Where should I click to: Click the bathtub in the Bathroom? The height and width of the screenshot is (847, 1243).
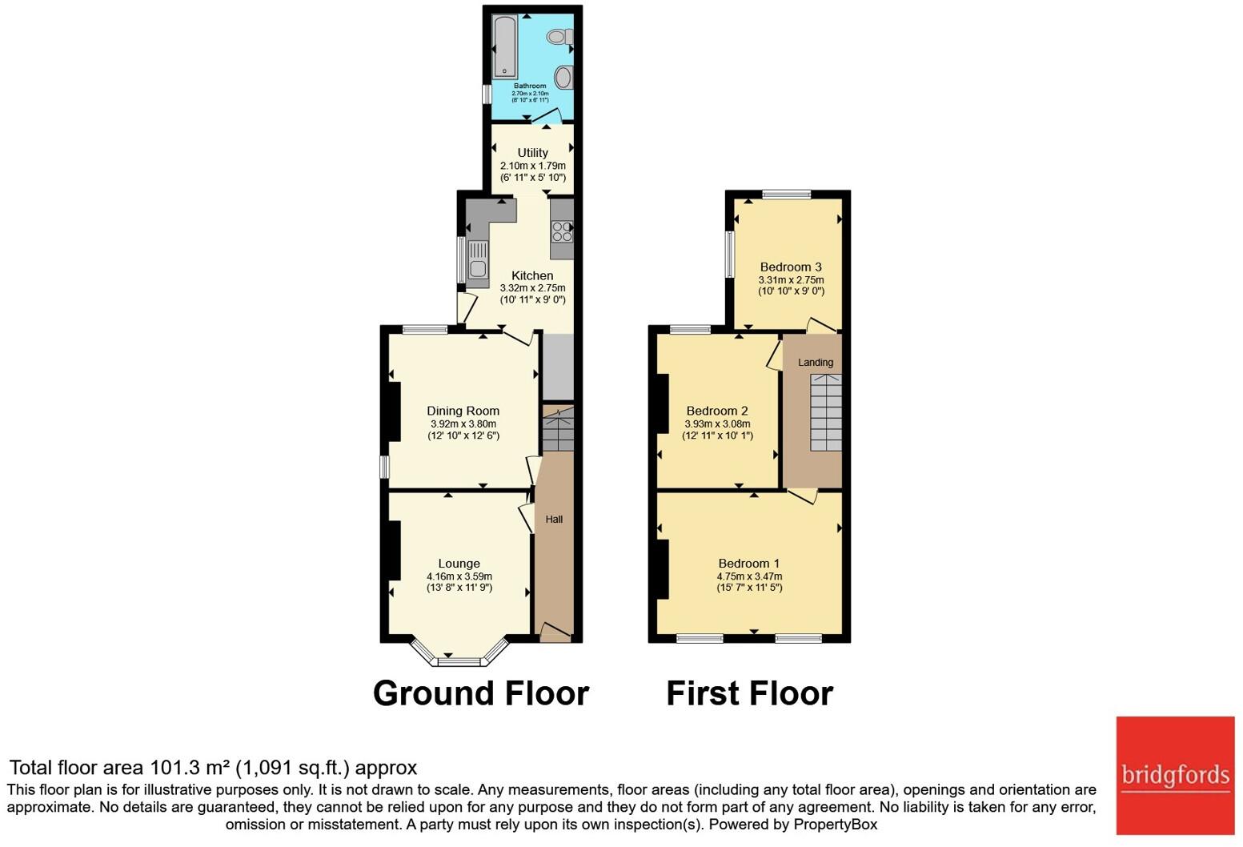(x=504, y=46)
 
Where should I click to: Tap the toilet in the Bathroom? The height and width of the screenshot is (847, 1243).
(x=560, y=37)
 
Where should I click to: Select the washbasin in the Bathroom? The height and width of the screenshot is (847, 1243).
(x=563, y=77)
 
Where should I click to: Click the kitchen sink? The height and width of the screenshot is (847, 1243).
(x=478, y=259)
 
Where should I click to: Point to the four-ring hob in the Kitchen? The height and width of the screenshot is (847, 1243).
(x=562, y=231)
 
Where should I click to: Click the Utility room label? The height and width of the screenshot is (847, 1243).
(x=533, y=153)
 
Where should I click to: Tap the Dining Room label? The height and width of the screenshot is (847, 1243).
(x=463, y=411)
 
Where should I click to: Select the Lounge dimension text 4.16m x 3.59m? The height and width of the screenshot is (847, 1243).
(x=459, y=576)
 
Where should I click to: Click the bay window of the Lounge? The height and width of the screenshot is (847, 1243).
(x=459, y=654)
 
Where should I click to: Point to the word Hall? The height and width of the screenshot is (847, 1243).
(x=554, y=519)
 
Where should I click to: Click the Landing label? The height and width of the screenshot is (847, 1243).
(x=816, y=363)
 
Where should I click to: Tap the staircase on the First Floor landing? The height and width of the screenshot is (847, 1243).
(x=826, y=412)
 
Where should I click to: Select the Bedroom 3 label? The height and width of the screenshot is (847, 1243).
(x=791, y=267)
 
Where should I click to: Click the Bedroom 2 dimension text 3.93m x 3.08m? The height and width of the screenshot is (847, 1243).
(x=717, y=423)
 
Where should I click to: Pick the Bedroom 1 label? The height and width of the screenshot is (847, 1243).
(x=749, y=564)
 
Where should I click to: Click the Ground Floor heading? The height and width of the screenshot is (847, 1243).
(x=481, y=694)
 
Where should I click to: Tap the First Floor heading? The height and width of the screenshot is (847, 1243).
(x=750, y=694)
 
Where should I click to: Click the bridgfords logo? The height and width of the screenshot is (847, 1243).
(x=1175, y=776)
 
